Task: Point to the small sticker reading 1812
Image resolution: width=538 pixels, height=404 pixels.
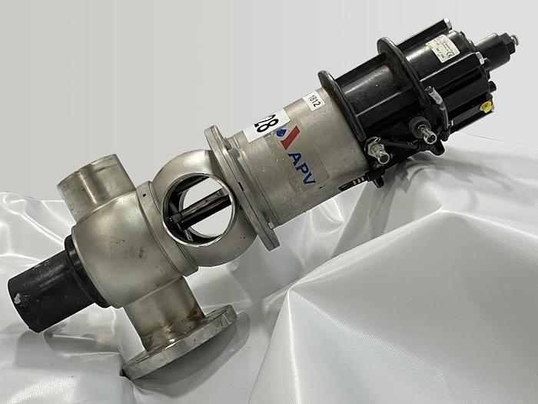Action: click(x=314, y=101)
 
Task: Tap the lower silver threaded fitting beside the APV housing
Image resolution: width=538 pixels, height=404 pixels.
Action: click(x=378, y=153)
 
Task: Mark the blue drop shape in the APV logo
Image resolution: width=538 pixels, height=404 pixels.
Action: click(x=282, y=133)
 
